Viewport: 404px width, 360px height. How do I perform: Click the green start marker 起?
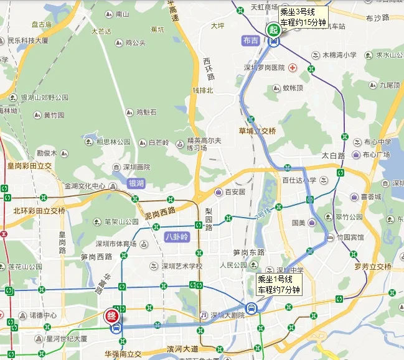tap(273, 29)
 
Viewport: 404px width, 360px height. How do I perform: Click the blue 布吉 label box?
tap(250, 40)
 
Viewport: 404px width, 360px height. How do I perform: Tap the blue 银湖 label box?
tap(136, 183)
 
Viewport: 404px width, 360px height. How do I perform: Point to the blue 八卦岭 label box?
tap(176, 237)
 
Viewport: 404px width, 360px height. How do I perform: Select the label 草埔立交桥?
tap(257, 131)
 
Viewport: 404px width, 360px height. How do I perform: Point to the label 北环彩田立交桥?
tap(39, 210)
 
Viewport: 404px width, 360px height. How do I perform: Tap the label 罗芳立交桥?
tap(373, 267)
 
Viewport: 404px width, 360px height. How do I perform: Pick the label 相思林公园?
tap(113, 142)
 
